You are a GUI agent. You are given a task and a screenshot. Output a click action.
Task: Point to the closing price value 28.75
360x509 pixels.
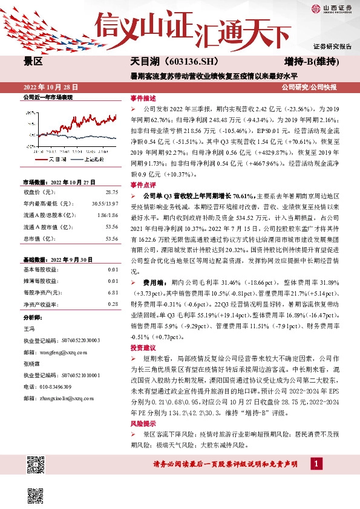pos(112,192)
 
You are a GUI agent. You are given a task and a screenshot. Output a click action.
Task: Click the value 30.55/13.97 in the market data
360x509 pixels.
pos(106,204)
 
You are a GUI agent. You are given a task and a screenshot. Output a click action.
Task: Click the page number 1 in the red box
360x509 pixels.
pos(315,463)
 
